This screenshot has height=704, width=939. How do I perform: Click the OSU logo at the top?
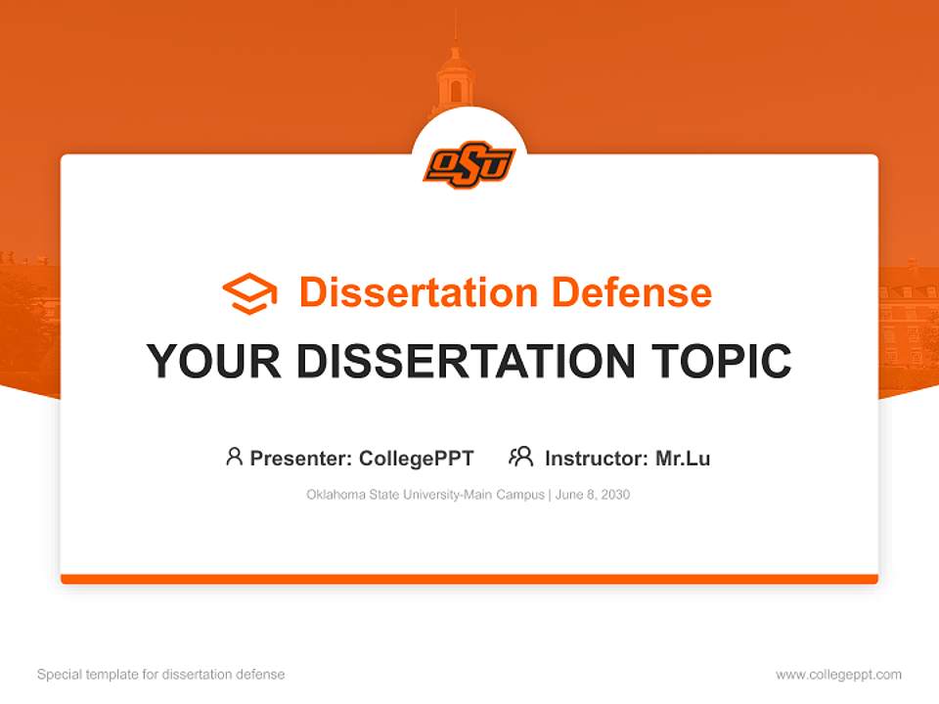[x=469, y=164]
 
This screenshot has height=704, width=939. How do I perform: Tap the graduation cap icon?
[x=249, y=293]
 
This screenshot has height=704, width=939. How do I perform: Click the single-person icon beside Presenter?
[x=234, y=457]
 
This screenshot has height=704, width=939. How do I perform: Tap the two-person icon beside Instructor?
[x=520, y=457]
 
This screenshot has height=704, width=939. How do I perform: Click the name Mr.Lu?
[x=683, y=458]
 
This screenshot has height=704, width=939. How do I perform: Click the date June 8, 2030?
[x=593, y=495]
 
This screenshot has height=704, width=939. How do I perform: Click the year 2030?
[x=616, y=495]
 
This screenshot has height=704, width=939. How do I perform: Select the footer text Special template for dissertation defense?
[x=160, y=675]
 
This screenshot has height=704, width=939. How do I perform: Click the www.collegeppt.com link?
[x=838, y=675]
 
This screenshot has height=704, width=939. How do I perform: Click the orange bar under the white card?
[x=469, y=579]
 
